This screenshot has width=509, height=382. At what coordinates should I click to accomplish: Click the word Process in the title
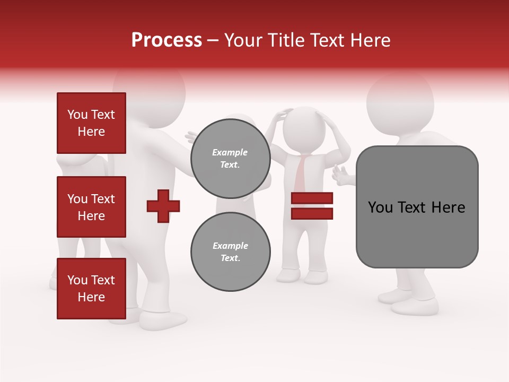[166, 40]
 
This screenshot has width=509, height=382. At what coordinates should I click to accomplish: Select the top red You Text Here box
[91, 123]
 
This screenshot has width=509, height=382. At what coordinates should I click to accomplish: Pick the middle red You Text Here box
[91, 207]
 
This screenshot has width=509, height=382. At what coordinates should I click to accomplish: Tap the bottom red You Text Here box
[91, 289]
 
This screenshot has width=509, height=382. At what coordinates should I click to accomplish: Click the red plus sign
[163, 206]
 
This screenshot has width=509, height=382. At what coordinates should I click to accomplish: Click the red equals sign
[312, 206]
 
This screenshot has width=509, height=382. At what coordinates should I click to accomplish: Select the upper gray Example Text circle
[230, 158]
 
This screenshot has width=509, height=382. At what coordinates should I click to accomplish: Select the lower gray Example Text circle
[230, 251]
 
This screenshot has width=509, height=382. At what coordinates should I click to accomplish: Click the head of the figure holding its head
[301, 127]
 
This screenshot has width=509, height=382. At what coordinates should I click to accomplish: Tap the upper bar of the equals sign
[312, 198]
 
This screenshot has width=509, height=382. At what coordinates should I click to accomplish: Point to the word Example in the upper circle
[230, 152]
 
